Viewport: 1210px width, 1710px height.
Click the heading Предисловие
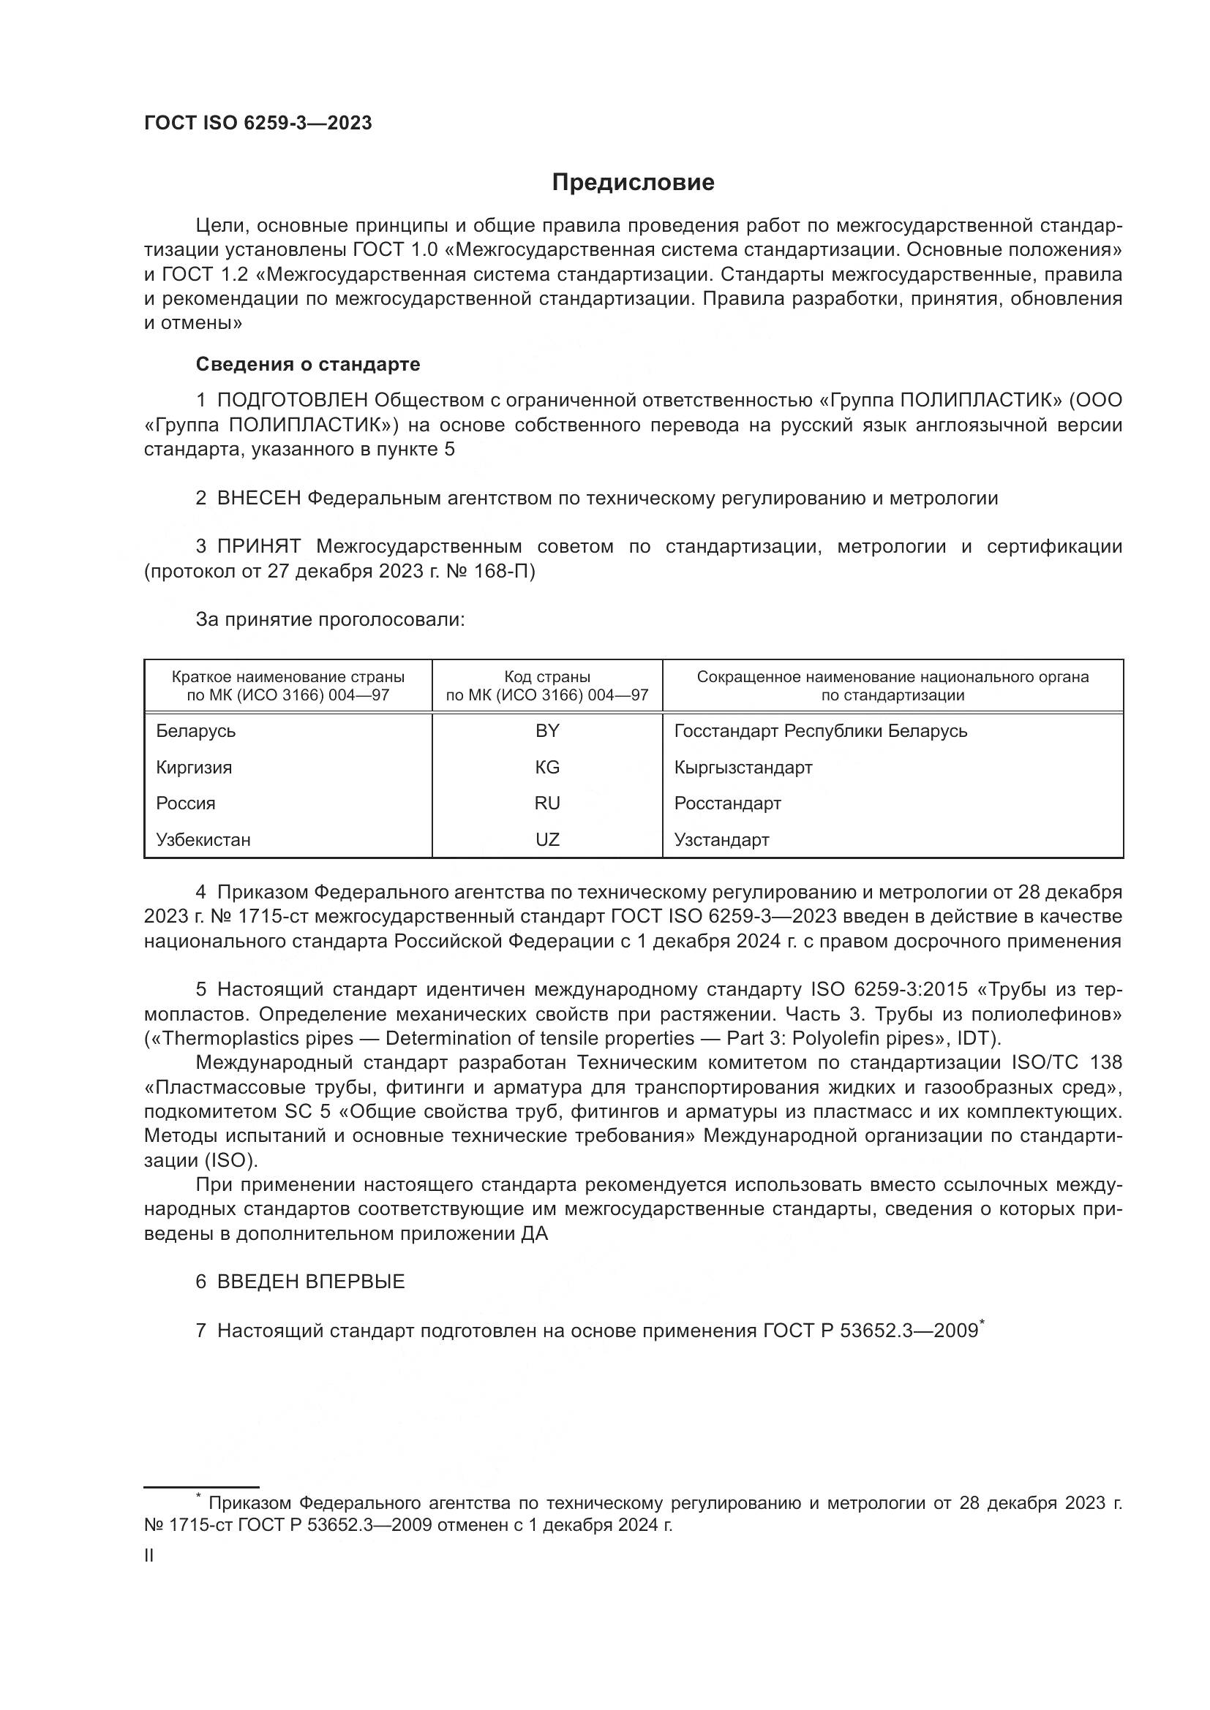coord(633,183)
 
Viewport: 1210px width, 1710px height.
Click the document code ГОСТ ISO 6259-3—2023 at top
coord(258,124)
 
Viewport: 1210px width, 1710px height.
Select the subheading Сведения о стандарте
coord(308,364)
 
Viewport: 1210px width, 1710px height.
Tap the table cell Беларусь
coord(196,731)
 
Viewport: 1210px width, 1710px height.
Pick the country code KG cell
coord(547,767)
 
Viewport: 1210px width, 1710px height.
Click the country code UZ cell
coord(547,840)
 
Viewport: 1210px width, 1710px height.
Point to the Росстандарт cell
coord(727,803)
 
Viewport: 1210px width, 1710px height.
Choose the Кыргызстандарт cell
coord(743,767)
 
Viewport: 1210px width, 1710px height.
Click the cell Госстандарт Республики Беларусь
coord(820,731)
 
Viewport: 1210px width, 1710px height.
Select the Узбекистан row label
coord(203,840)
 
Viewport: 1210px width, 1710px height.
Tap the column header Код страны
coord(547,677)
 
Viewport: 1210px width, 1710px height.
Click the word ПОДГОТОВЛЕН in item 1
coord(292,401)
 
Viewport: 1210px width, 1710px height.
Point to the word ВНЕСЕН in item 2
coord(258,499)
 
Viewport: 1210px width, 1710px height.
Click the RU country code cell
coord(547,803)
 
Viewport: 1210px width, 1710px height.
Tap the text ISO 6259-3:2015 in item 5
coord(889,990)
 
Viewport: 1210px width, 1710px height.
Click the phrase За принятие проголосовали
coord(330,620)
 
